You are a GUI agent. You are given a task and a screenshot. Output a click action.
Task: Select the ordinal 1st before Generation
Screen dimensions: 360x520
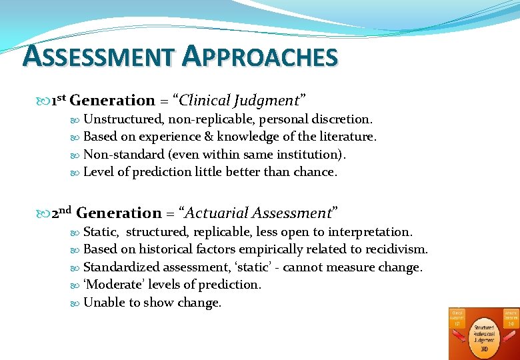[57, 101]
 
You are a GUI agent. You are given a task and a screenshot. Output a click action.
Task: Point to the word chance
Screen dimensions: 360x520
[315, 171]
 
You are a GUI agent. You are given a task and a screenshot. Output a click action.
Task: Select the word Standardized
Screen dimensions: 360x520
[122, 267]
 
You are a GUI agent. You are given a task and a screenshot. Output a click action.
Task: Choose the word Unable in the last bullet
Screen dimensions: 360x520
[103, 302]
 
